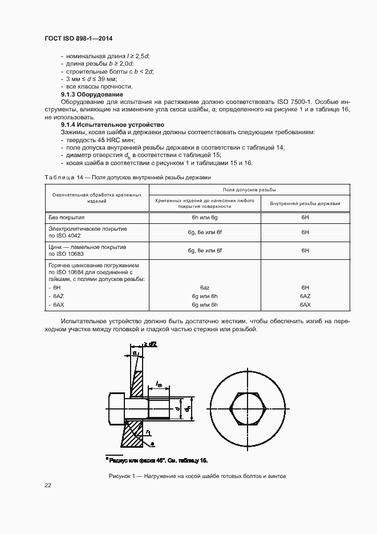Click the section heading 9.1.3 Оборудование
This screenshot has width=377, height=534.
(92, 94)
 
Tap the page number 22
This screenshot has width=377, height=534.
(48, 485)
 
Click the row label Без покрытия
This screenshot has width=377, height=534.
(67, 218)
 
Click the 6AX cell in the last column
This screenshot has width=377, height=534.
(305, 306)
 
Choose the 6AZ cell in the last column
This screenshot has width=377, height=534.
(305, 296)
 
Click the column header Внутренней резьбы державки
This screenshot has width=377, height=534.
(305, 203)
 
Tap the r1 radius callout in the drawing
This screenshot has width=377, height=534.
(148, 432)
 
